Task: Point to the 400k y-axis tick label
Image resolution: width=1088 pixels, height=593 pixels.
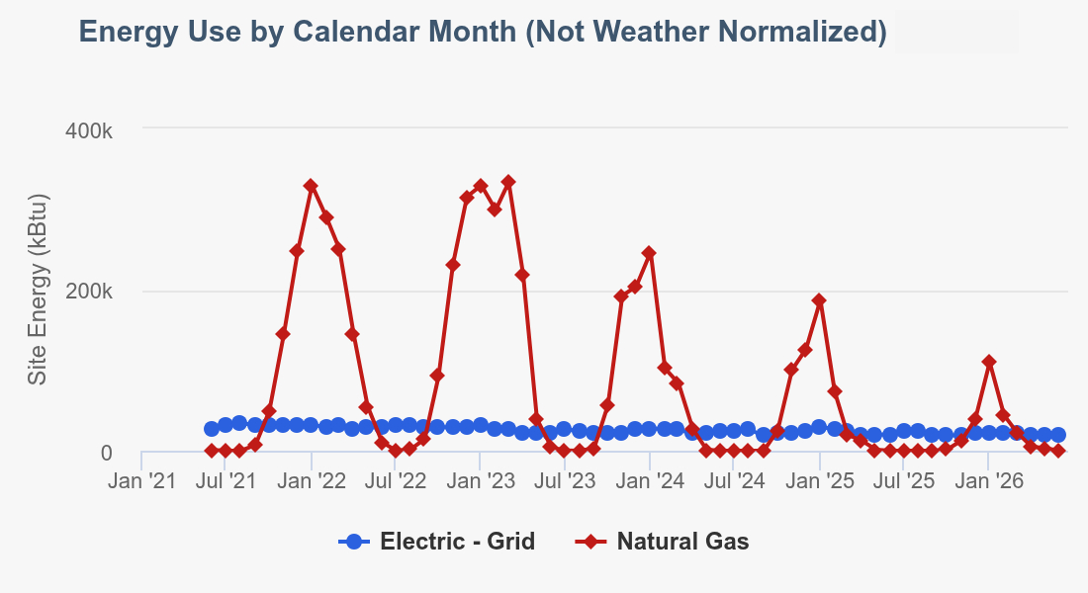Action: point(89,129)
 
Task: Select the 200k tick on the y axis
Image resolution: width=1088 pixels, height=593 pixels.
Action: point(89,292)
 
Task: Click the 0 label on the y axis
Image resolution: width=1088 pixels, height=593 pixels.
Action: point(106,453)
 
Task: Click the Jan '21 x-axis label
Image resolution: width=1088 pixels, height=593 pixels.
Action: point(142,480)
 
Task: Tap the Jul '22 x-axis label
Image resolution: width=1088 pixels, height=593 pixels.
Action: point(396,480)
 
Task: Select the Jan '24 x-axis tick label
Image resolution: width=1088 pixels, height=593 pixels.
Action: point(650,480)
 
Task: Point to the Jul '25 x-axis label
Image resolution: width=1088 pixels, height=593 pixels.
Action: point(904,480)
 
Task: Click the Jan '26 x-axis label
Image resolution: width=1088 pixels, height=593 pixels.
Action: point(989,480)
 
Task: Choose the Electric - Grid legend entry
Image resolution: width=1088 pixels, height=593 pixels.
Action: point(437,541)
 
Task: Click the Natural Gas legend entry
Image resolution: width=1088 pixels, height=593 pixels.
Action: point(663,541)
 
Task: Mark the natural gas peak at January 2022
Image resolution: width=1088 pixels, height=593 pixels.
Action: point(311,186)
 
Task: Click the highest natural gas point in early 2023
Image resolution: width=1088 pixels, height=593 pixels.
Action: point(508,182)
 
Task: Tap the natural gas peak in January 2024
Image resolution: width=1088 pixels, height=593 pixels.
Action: point(649,253)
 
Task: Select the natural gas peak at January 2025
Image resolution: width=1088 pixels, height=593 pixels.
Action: point(820,300)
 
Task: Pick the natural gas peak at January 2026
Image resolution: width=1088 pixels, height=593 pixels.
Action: point(989,362)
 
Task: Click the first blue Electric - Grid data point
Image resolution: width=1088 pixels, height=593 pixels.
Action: point(212,429)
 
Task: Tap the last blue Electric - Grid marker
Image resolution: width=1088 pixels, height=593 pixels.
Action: point(1058,435)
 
